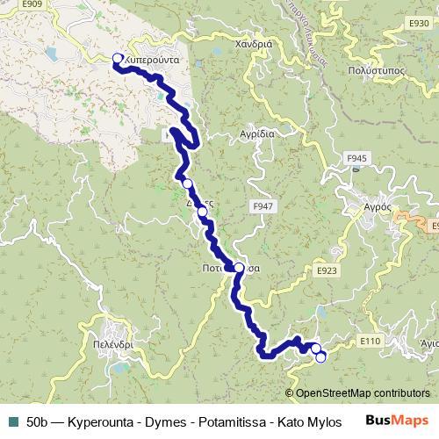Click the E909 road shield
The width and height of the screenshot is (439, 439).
(x=32, y=4)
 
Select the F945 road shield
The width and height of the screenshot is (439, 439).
(x=356, y=158)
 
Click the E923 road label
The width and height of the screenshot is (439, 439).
(x=327, y=270)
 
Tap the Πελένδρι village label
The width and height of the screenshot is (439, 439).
(x=113, y=346)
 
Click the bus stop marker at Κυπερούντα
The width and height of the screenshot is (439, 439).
(x=118, y=59)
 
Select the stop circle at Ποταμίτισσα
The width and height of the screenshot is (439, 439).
(x=239, y=268)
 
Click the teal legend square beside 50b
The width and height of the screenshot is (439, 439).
(x=12, y=419)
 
